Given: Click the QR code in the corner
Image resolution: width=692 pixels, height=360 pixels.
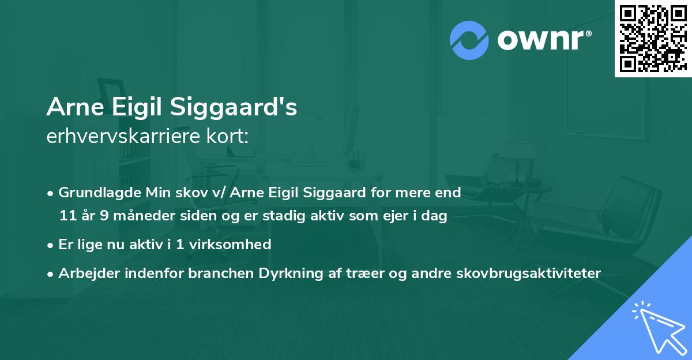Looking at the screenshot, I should (652, 38).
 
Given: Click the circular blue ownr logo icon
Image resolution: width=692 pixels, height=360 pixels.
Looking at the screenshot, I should (469, 40).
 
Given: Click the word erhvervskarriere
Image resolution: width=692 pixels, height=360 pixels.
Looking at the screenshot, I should (128, 136).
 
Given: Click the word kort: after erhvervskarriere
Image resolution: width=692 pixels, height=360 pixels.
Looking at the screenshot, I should (229, 136).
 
